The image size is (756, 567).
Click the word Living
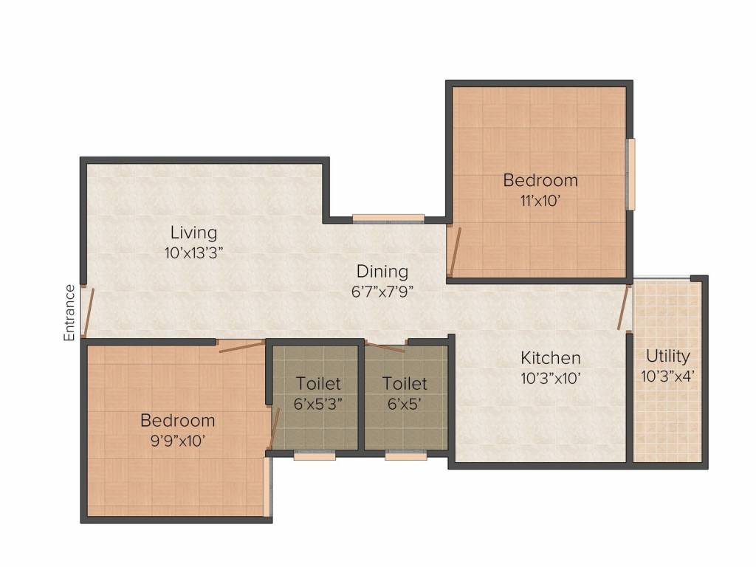(194, 233)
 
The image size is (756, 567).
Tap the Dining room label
(382, 272)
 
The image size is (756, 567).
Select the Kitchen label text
(551, 358)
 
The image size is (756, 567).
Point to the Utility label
(667, 357)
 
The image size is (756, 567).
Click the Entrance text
(69, 313)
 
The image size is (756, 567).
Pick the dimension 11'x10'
(540, 201)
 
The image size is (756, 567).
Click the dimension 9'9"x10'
(178, 441)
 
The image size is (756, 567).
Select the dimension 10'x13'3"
(194, 252)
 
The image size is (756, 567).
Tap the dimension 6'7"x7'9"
(382, 292)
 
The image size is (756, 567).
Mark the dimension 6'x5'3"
(318, 404)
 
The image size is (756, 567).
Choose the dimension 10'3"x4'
(667, 376)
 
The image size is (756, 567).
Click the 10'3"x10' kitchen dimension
(551, 378)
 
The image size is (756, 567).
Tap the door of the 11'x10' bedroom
(454, 252)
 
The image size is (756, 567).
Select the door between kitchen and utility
(625, 307)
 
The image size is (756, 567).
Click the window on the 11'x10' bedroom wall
(630, 174)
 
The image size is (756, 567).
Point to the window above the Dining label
(388, 219)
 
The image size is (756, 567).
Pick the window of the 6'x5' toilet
(405, 456)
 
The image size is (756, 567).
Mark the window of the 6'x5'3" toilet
(315, 456)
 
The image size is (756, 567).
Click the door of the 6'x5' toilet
(385, 347)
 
